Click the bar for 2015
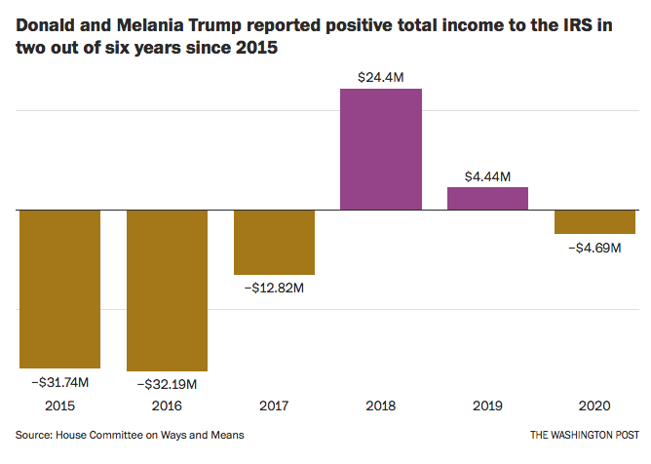point(59,289)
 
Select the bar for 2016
point(167,290)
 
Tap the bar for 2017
point(274,242)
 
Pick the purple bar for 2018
point(381,149)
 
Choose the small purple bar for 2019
point(487,198)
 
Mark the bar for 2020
point(594,221)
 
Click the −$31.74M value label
point(59,381)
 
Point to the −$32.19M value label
point(167,384)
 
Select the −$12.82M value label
point(274,289)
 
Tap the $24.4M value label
point(381,74)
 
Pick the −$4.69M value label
point(594,248)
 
